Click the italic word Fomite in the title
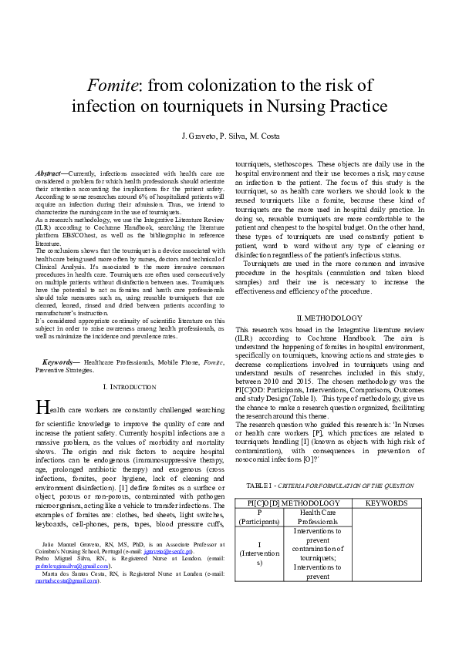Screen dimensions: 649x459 point(111,84)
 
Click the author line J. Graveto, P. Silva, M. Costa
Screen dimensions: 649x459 point(229,136)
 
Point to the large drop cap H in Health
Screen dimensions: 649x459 point(43,407)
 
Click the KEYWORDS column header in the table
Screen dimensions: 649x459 point(386,503)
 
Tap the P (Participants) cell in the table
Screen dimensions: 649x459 point(259,517)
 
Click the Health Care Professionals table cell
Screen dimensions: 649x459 point(317,517)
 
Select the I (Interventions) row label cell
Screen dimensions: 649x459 point(259,553)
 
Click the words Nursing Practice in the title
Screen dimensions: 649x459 point(328,106)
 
